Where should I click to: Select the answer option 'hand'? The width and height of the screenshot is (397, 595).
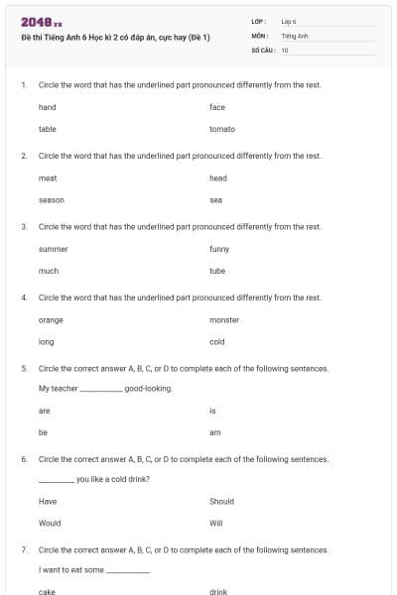coord(48,107)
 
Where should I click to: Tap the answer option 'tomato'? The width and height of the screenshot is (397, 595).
coord(222,129)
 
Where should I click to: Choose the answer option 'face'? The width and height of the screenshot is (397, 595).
coord(218,107)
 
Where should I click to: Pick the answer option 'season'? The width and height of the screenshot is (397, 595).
coord(52,199)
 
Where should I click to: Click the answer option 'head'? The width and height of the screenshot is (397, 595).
coord(218,178)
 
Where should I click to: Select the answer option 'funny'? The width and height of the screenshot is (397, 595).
coord(220,249)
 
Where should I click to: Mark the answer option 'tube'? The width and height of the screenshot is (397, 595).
coord(218,271)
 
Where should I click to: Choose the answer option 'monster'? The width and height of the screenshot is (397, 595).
coord(224,320)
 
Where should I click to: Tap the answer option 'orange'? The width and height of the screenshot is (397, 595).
coord(51,320)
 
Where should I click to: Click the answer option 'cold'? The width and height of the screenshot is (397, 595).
coord(217,342)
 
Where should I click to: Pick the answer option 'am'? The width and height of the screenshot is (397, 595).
coord(215,432)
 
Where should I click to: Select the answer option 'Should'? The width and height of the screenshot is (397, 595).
coord(221,502)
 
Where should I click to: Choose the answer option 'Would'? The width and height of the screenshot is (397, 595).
coord(50,524)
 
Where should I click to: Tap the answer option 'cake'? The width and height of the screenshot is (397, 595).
coord(48,592)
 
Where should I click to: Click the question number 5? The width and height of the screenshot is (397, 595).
coord(24,368)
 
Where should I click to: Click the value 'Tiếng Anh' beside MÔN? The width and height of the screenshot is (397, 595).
coord(295,35)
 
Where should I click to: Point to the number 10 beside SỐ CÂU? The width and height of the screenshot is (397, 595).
coord(285,50)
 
